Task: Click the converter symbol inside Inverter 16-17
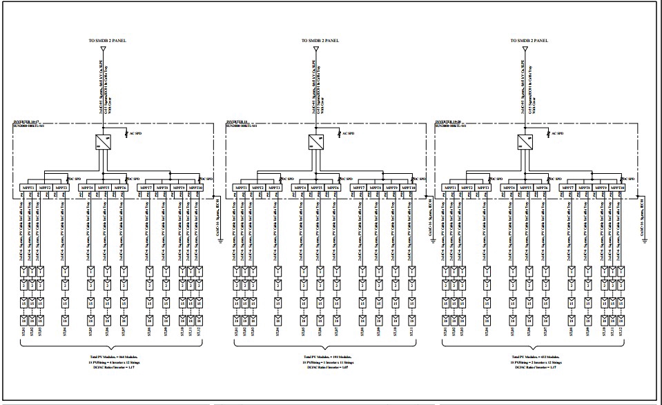click(103, 143)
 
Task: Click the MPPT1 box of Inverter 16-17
click(27, 188)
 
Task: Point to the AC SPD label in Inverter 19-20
click(556, 133)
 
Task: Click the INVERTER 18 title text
click(239, 125)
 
